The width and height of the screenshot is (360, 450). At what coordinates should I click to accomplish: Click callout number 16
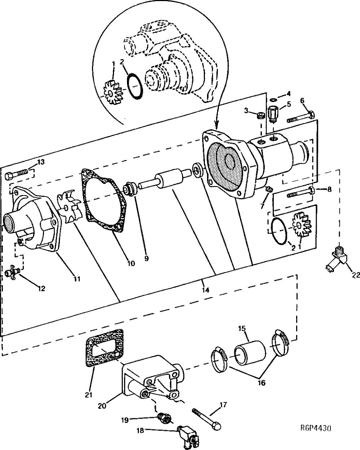[x=262, y=383]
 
